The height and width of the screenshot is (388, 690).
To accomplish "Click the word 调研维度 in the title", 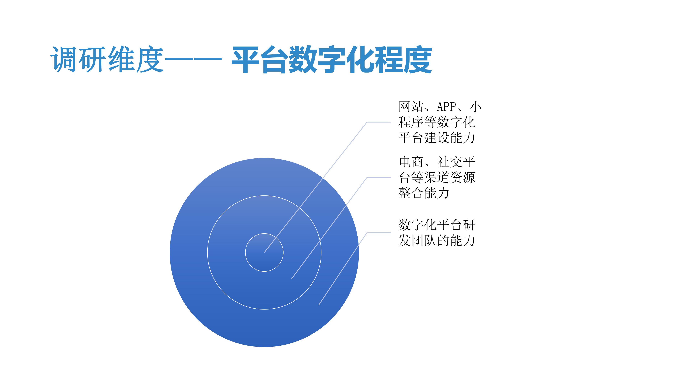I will point(107,59).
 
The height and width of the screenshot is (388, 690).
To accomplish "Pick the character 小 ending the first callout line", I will point(476,107).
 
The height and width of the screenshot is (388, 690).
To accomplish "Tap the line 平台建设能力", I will point(437,138).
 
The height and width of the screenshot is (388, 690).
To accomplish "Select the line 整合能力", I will point(424,193).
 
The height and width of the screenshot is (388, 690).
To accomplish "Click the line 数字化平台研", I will point(437,225).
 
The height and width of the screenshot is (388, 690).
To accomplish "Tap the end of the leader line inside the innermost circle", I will point(265,252).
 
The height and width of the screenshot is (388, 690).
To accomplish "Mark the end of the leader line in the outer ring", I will point(319,305).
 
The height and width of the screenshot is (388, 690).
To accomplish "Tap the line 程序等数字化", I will point(437,122).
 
